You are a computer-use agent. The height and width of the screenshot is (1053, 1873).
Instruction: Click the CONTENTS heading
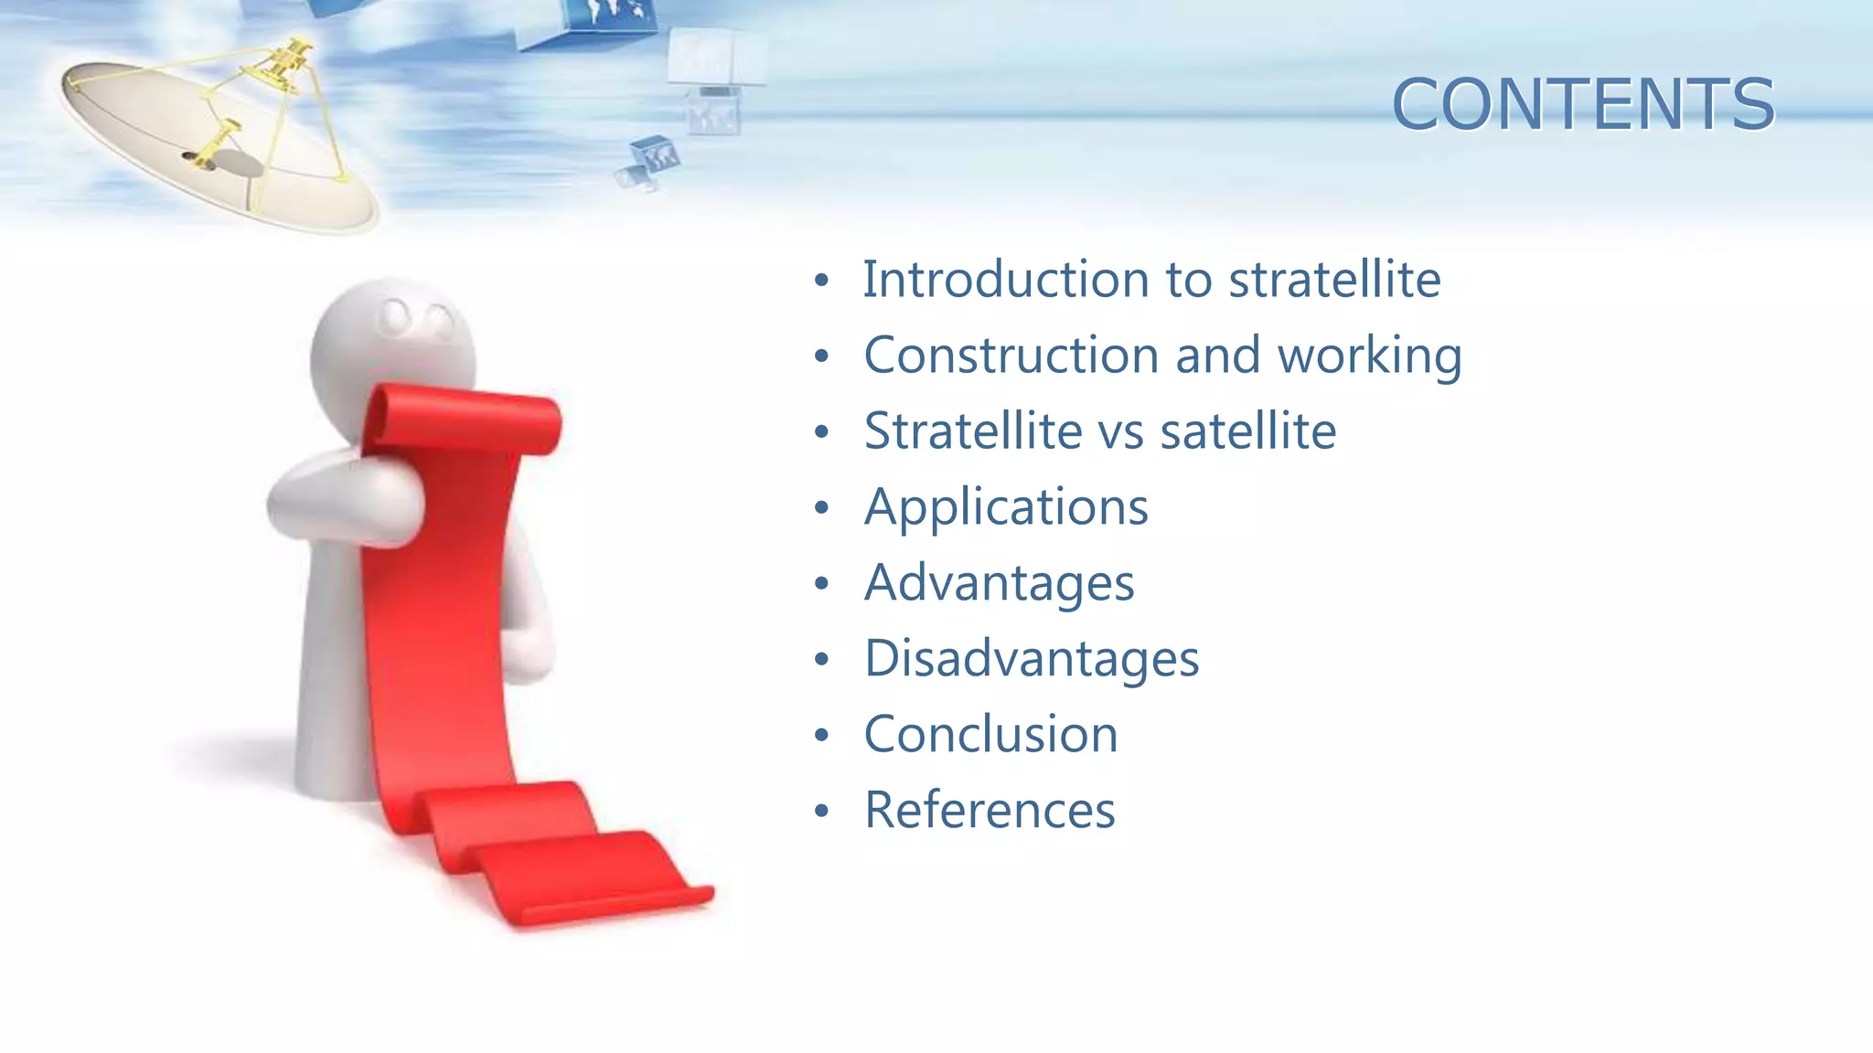1582,104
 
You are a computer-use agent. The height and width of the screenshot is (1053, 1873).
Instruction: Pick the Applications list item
1006,507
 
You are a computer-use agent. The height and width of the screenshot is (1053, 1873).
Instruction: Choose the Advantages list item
999,583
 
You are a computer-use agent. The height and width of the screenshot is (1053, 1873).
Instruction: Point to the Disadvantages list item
1031,659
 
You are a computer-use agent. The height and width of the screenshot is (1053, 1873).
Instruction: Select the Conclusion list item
990,735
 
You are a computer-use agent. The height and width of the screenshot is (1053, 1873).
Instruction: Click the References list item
990,811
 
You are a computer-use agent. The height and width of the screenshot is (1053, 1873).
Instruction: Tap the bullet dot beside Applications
821,508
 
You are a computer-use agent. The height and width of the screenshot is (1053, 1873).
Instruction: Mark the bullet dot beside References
821,812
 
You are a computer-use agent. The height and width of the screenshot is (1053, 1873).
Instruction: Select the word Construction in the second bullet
1011,356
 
